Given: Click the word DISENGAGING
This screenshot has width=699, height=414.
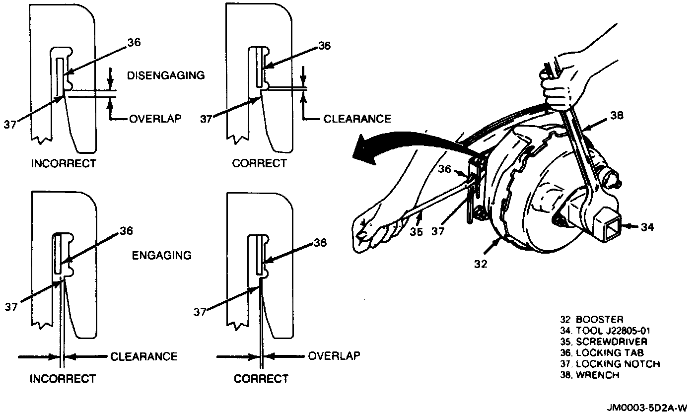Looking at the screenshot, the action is click(166, 75).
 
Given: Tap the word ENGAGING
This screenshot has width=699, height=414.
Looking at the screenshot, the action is click(162, 255).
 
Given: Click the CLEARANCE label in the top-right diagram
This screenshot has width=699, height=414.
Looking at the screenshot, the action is click(357, 119).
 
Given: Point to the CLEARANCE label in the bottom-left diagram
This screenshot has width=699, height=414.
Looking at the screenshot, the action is click(143, 356).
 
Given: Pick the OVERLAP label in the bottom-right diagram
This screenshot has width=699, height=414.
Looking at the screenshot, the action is click(334, 356).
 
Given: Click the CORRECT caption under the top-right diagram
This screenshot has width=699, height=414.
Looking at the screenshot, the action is click(260, 163).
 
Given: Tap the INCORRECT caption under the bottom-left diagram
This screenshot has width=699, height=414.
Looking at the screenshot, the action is click(63, 379).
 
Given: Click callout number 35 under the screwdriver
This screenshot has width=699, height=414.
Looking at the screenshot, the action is click(416, 231).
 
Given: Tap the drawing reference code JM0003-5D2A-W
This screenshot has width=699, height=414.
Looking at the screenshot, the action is click(647, 408).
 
